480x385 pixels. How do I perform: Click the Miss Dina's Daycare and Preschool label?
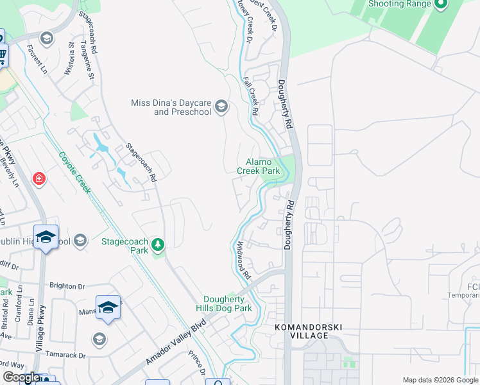[171, 107]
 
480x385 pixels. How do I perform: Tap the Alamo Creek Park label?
[259, 167]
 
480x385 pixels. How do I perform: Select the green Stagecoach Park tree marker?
[157, 244]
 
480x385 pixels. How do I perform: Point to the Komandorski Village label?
[308, 328]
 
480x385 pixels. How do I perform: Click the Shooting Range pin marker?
[440, 4]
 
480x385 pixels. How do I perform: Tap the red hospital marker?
[39, 178]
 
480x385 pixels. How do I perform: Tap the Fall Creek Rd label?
[251, 96]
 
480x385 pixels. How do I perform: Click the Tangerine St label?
[87, 61]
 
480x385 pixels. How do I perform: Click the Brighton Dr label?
[68, 286]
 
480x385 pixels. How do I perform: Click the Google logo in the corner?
[21, 378]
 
